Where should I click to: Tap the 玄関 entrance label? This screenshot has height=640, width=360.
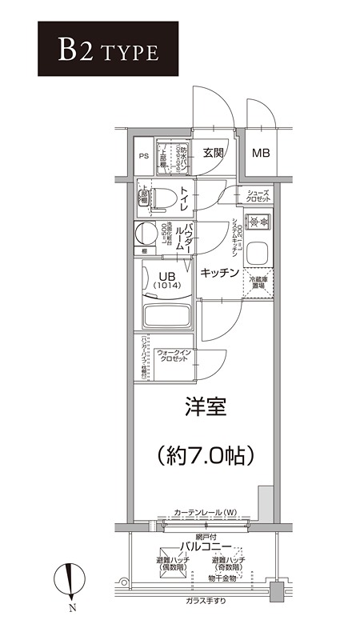212,153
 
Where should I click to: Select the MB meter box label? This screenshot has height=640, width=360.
261,153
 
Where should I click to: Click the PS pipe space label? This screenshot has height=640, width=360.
144,156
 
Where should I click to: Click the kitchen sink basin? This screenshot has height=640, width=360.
258,254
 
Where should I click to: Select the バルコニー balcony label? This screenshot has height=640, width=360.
205,546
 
